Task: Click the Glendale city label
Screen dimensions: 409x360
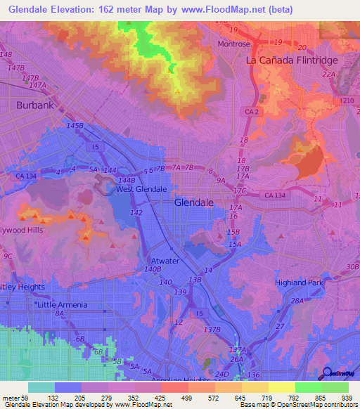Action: (194, 202)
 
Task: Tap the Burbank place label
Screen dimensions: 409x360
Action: (35, 105)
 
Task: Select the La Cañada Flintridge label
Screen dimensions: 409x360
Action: (292, 60)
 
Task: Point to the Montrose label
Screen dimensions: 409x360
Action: (233, 44)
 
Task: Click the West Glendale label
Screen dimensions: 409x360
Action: (141, 189)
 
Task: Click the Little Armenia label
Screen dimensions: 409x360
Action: (63, 304)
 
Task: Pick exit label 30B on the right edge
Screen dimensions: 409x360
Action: (352, 266)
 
